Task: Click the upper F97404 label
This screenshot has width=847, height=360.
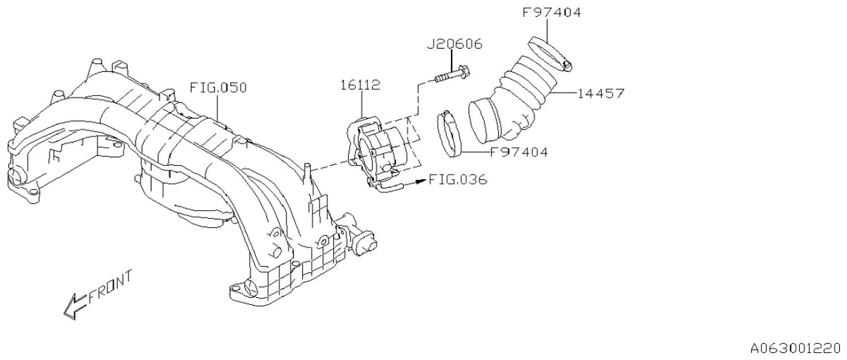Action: [x=551, y=13]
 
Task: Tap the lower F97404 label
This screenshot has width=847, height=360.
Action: [x=519, y=152]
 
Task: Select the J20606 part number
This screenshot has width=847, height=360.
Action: [x=455, y=44]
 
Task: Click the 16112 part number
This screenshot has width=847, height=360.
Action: [x=361, y=85]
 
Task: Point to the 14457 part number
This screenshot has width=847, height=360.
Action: [x=601, y=93]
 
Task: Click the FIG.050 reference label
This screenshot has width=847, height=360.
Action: [x=218, y=88]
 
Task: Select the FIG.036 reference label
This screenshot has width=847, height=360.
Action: [x=458, y=179]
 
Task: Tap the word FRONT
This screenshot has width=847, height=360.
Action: [x=110, y=287]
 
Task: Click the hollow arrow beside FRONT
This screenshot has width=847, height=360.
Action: [x=75, y=306]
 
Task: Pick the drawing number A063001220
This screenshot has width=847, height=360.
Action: [x=798, y=347]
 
